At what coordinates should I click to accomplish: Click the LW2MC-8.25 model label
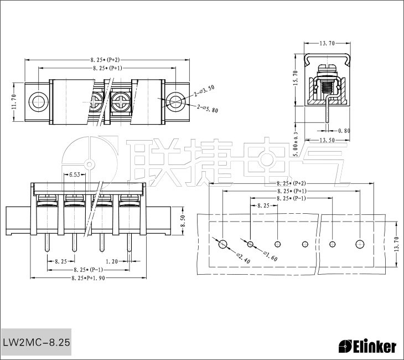tap(37, 342)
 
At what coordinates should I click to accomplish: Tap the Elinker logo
tap(367, 347)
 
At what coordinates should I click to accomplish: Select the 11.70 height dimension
tap(14, 101)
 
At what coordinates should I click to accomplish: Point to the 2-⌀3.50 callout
tap(204, 91)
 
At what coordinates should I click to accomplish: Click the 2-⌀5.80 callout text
tap(208, 109)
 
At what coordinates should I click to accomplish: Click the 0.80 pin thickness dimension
tap(344, 131)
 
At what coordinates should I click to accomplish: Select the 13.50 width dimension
tap(327, 140)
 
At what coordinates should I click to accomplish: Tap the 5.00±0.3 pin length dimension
tap(296, 144)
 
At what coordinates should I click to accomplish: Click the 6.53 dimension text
tap(75, 174)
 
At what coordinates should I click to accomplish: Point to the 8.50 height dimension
tap(183, 221)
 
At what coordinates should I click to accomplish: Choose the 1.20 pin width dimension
tap(112, 261)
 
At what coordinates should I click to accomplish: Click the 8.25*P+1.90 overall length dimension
tap(88, 278)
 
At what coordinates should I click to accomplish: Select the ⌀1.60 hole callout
tap(270, 256)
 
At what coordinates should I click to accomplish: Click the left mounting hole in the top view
tap(39, 101)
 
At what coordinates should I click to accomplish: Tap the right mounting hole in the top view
tap(175, 101)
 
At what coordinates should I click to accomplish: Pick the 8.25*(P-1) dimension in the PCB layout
tap(291, 198)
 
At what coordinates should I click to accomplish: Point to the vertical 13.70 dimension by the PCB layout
tap(397, 244)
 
